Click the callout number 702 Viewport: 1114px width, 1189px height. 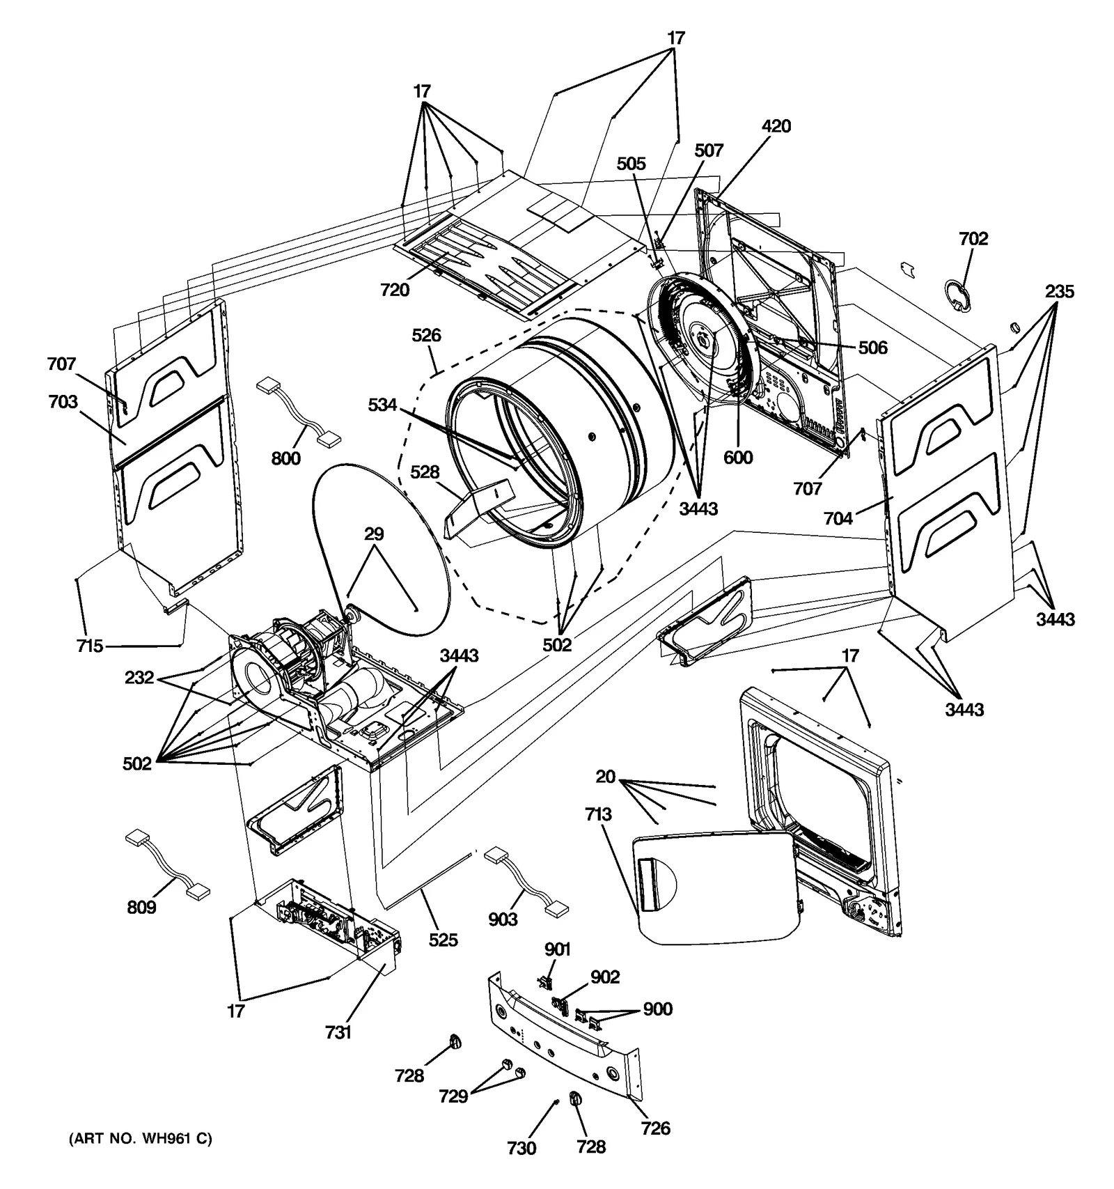pos(973,239)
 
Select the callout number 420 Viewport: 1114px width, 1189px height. pos(776,126)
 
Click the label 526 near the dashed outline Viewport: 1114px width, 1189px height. pos(426,335)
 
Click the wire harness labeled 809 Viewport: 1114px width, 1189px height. pos(168,864)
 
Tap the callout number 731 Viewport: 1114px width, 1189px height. pos(338,1032)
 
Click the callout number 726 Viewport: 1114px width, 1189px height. pos(655,1128)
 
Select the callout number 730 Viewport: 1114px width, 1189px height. pos(521,1148)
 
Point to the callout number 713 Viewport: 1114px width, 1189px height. pos(598,814)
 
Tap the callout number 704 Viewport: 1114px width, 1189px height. pos(838,518)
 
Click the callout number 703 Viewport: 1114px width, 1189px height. pos(63,402)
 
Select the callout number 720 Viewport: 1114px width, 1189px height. pos(395,290)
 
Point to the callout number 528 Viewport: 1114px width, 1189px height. pos(424,472)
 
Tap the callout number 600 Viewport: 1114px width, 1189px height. pos(737,457)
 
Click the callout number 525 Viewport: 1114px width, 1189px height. pos(443,940)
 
